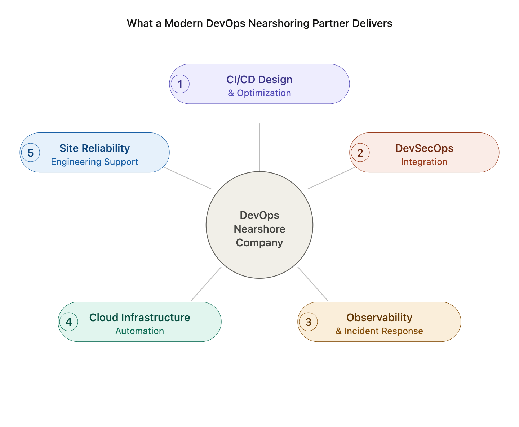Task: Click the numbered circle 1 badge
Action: [x=180, y=84]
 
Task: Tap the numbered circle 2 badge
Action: [x=360, y=153]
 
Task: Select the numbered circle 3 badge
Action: [x=308, y=322]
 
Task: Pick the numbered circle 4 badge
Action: [x=68, y=322]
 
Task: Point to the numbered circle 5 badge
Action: [x=31, y=153]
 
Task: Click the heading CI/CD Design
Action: [x=259, y=80]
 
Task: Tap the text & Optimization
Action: [x=259, y=93]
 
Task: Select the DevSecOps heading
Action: [x=424, y=148]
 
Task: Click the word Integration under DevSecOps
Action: [x=424, y=162]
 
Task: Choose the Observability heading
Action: [x=379, y=318]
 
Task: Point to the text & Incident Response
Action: [x=379, y=331]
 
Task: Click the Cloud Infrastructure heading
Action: [x=139, y=318]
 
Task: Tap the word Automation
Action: [x=139, y=331]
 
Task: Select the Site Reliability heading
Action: [x=94, y=148]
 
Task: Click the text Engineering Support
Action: [x=94, y=162]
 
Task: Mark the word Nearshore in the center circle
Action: [x=259, y=229]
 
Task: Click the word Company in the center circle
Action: [x=259, y=243]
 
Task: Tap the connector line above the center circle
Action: [x=259, y=148]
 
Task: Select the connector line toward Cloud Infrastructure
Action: [x=206, y=284]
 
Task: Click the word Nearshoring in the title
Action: [x=279, y=23]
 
